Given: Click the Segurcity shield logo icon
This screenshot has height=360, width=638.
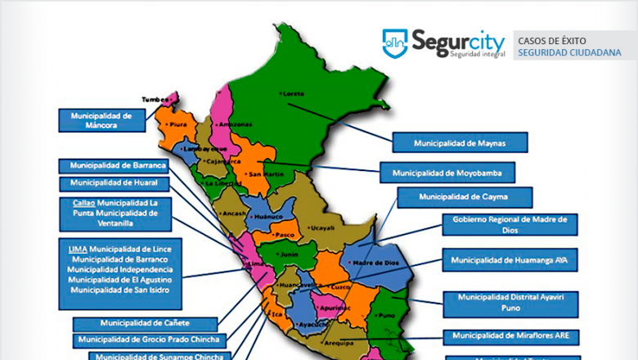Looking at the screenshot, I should pyautogui.click(x=395, y=43).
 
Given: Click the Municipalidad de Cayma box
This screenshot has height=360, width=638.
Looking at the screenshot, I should pyautogui.click(x=464, y=197).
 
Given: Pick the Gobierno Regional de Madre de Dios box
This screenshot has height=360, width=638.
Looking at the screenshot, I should pyautogui.click(x=510, y=225).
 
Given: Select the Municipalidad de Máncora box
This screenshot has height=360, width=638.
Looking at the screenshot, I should pyautogui.click(x=101, y=120).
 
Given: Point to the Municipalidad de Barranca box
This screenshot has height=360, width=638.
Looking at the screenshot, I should pyautogui.click(x=119, y=165).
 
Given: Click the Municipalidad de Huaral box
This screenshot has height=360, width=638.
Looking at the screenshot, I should pyautogui.click(x=119, y=183).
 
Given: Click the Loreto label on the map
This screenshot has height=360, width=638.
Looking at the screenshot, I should pyautogui.click(x=295, y=93).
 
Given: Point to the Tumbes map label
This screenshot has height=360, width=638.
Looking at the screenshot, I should pyautogui.click(x=155, y=100).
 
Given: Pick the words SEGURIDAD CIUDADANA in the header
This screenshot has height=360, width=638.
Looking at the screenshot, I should pyautogui.click(x=568, y=52).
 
